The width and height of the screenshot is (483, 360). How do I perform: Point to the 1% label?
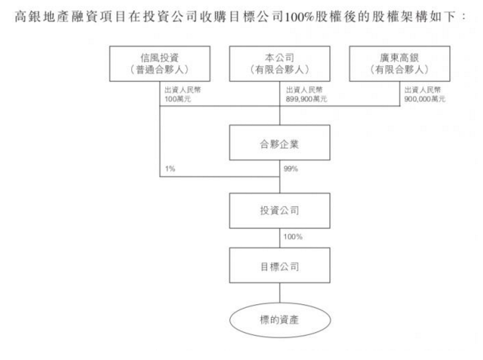(170, 169)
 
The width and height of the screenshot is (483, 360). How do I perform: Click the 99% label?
(290, 169)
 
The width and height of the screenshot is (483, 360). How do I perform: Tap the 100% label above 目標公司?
(293, 237)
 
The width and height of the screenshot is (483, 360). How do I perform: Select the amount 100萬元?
(178, 99)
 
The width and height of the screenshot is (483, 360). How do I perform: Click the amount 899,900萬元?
(306, 99)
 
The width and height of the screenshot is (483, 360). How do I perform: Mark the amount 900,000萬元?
(425, 99)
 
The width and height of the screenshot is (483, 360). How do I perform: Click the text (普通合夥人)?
(159, 70)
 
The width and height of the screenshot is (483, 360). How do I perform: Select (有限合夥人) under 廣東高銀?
(399, 70)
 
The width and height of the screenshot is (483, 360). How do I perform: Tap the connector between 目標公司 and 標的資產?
(280, 293)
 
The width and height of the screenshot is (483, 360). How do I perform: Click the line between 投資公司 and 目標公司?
(280, 238)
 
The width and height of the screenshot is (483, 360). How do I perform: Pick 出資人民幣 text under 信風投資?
(183, 90)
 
